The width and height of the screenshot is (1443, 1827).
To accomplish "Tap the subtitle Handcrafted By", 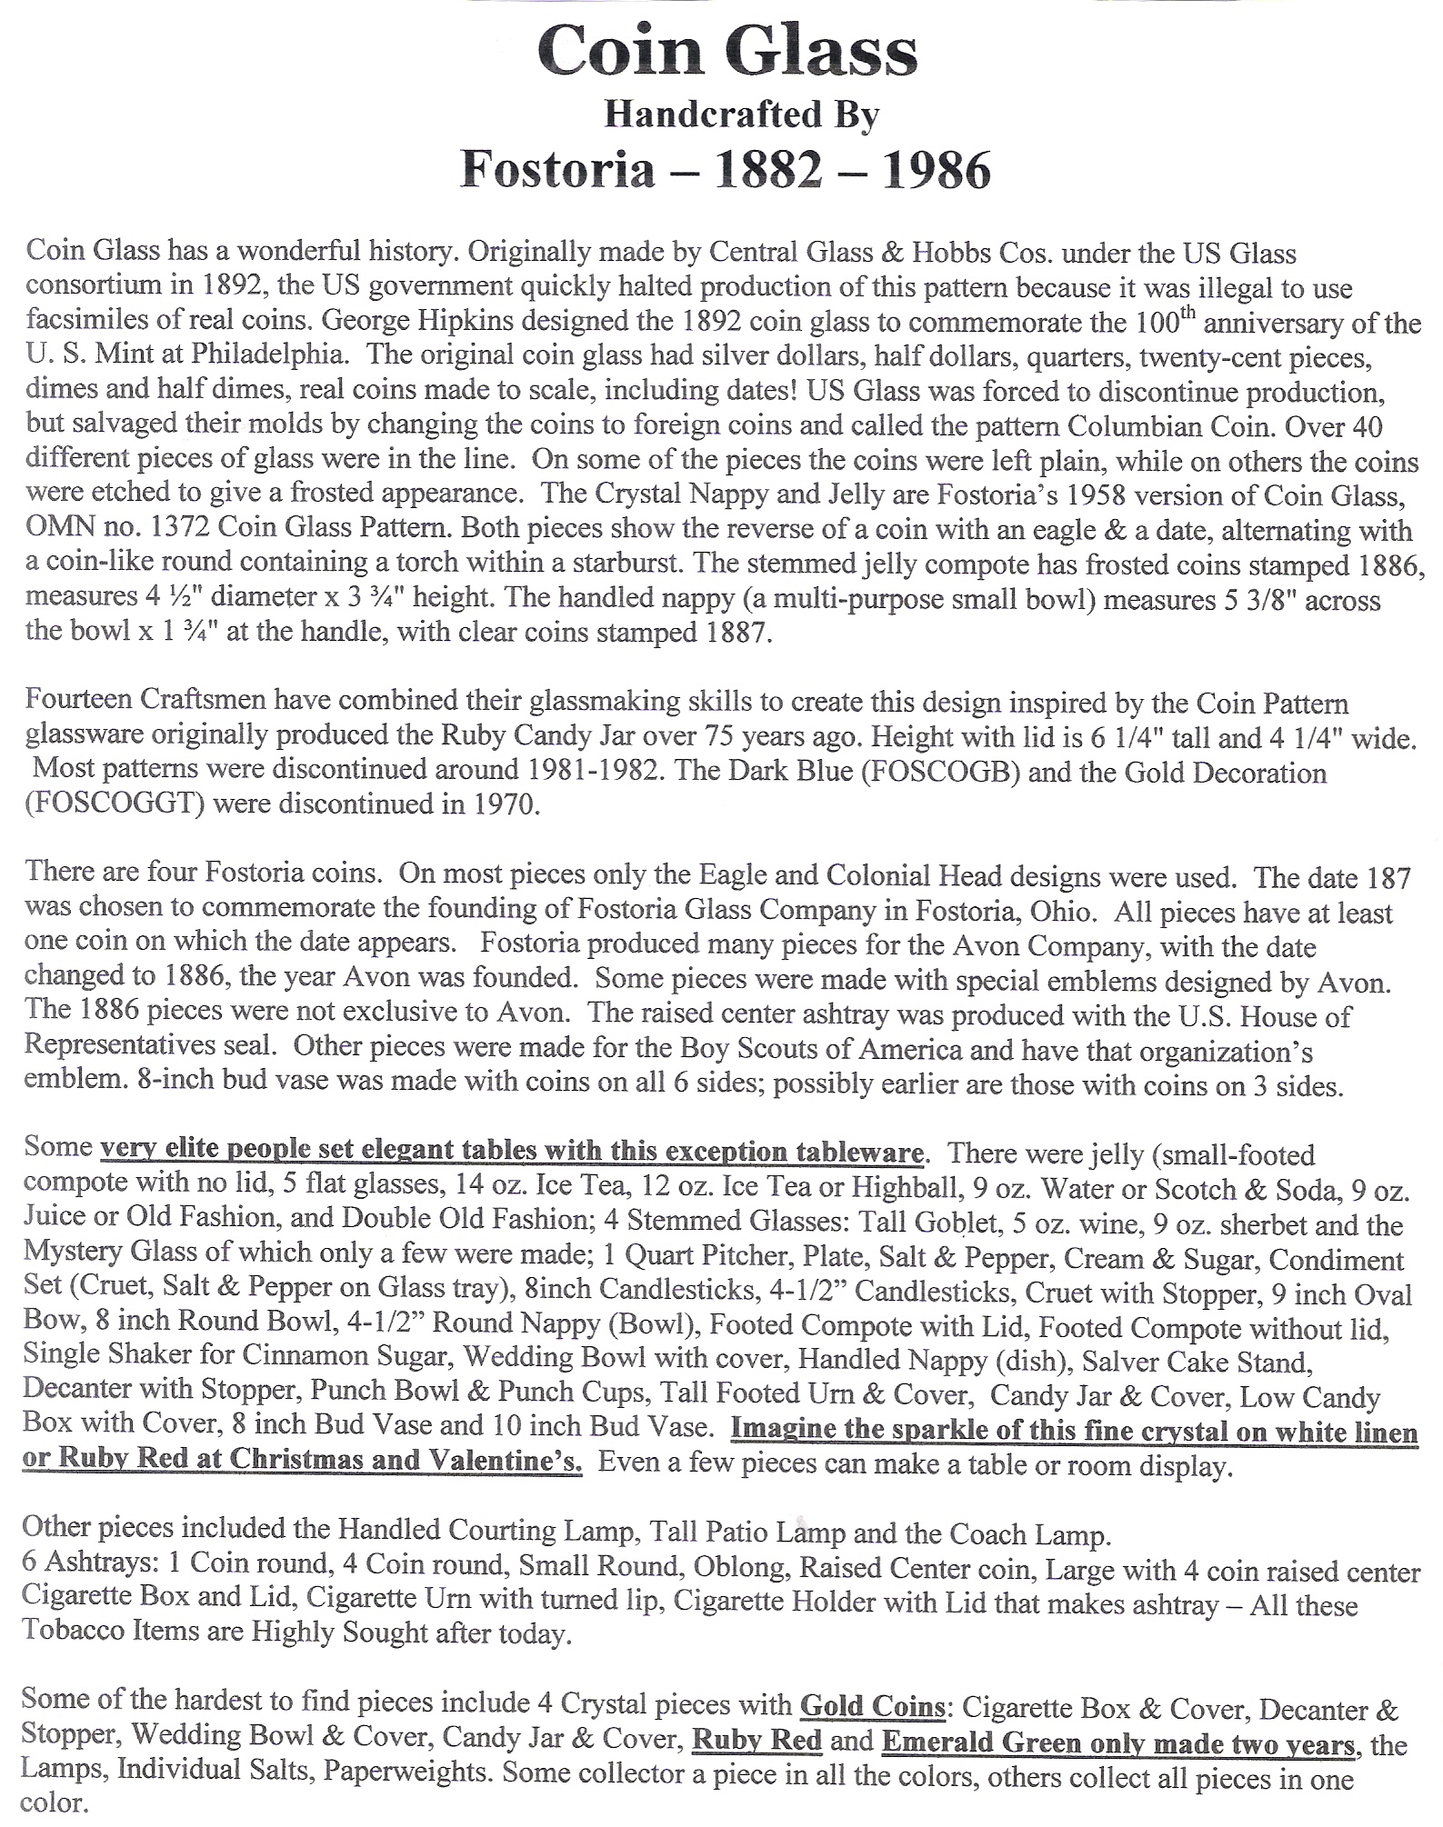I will point(740,115).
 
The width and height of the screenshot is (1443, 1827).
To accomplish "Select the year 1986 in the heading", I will point(937,170).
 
